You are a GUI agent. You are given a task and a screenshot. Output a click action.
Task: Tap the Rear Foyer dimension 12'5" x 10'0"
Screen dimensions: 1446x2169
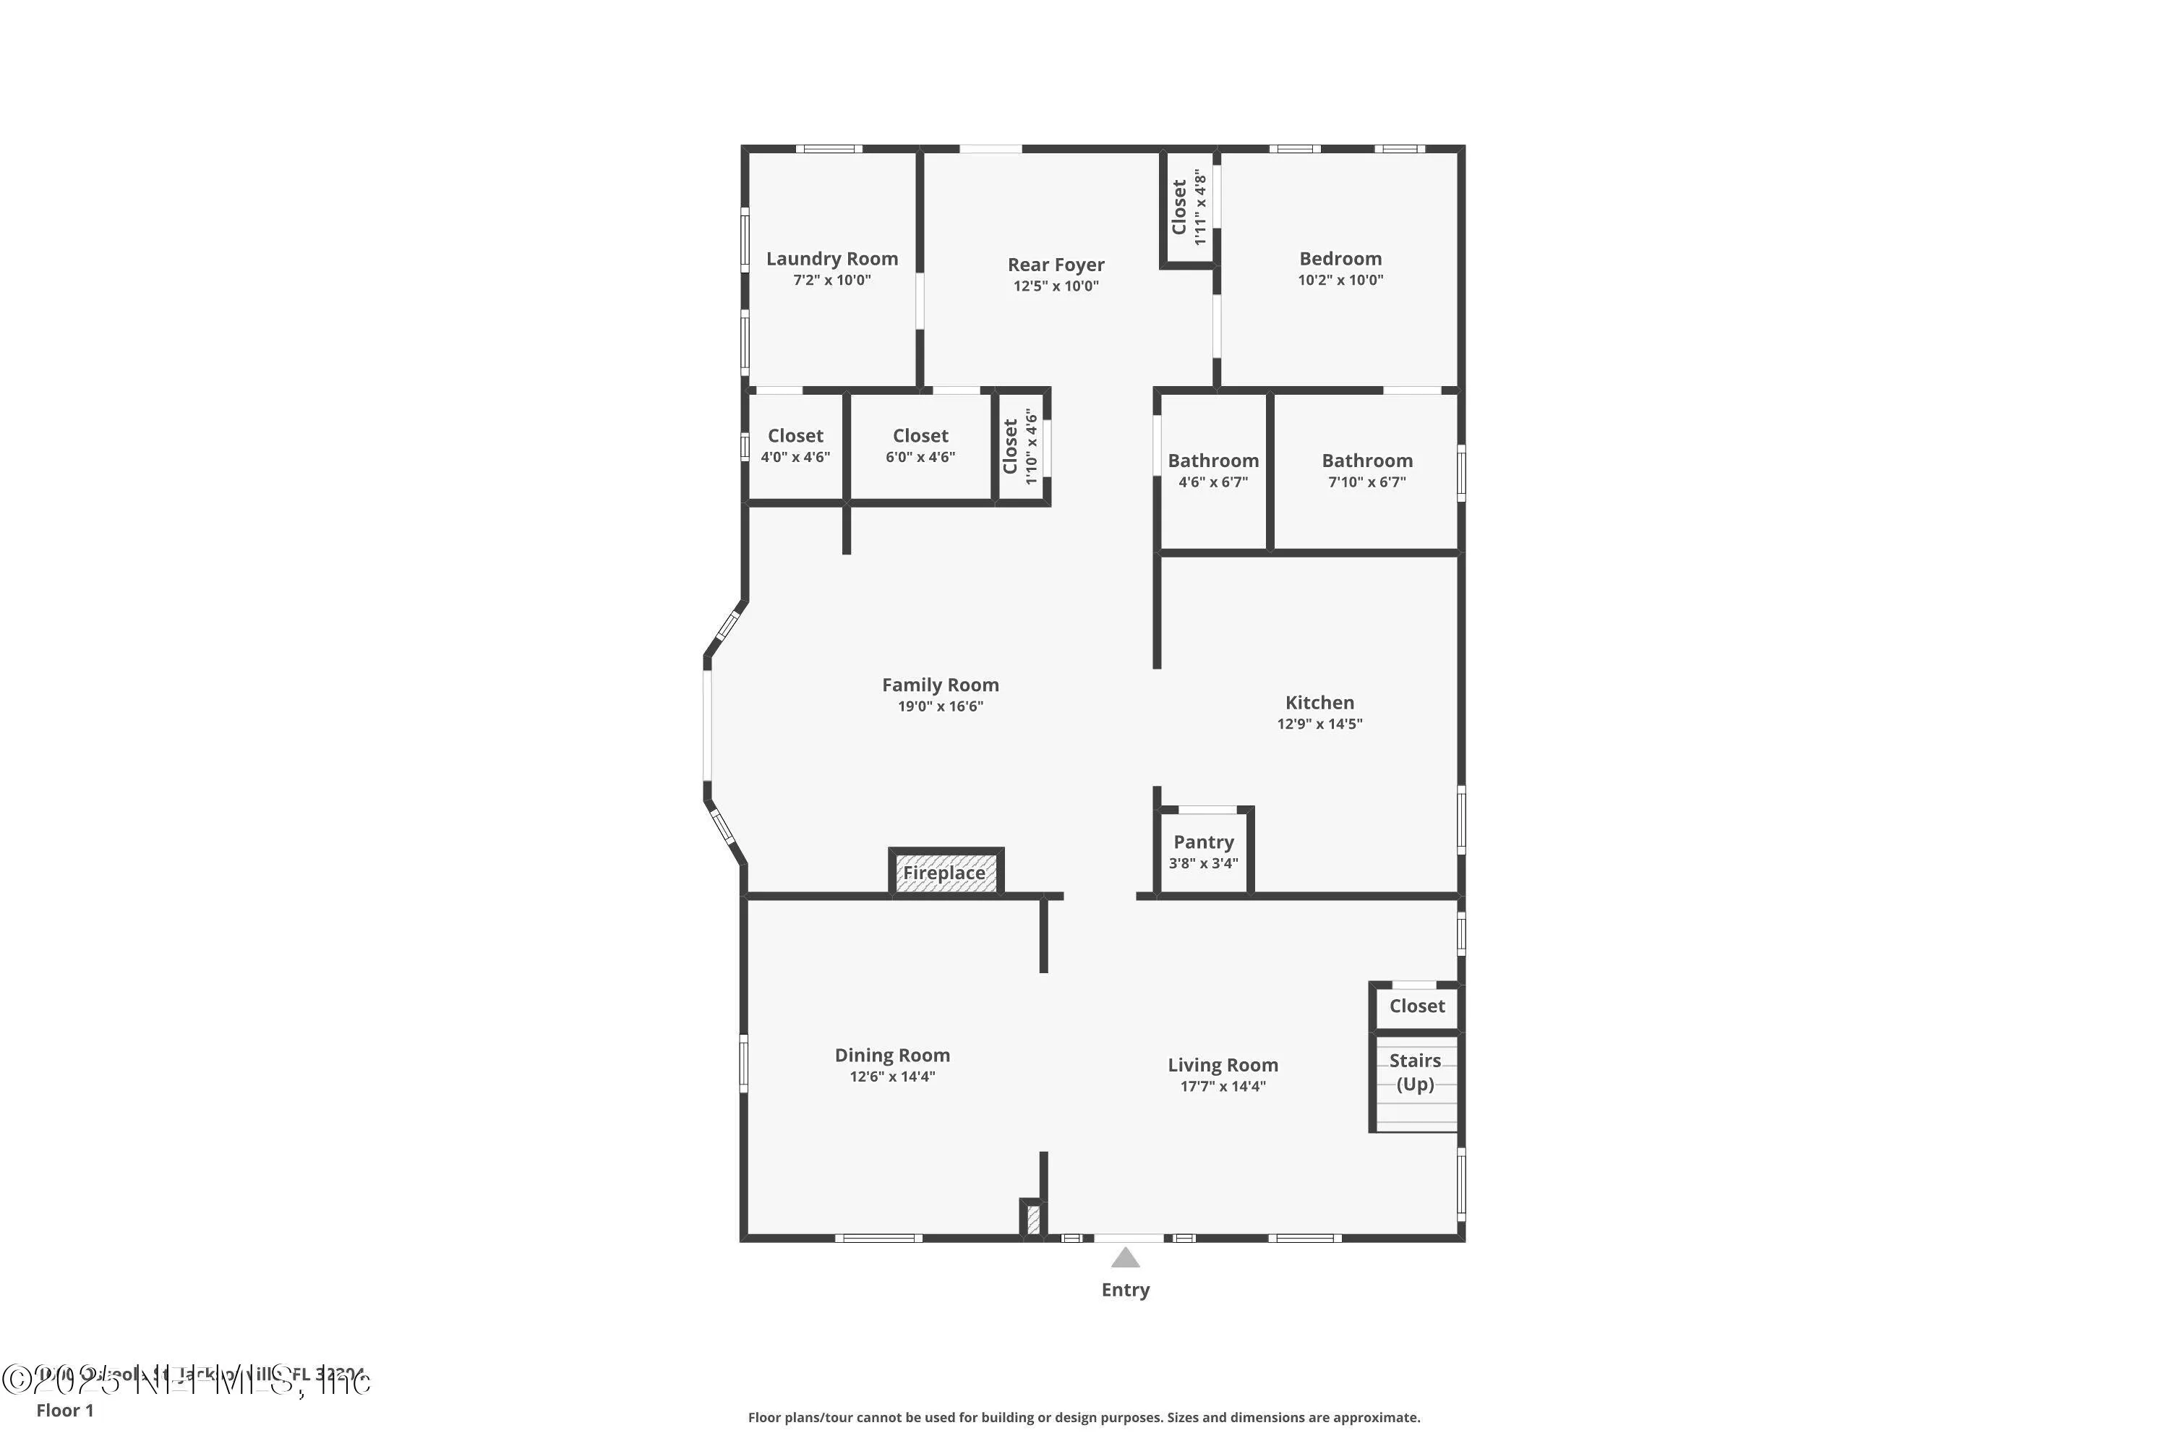(x=1055, y=286)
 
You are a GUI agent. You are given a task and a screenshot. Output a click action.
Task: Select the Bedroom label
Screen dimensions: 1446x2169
(x=1339, y=259)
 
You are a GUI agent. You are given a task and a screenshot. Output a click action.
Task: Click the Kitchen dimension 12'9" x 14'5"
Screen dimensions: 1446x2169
(x=1319, y=724)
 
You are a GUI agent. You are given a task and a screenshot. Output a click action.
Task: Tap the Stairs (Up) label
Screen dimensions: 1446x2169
(x=1415, y=1071)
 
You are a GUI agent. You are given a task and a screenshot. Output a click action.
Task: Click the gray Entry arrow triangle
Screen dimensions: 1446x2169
(x=1124, y=1258)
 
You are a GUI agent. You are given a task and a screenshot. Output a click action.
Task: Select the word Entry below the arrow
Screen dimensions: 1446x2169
(x=1124, y=1290)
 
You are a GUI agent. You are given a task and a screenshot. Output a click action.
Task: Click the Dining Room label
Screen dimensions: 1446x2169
(x=891, y=1055)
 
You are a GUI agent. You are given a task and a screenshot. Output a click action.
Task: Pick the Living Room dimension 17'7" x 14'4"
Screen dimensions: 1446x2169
(x=1222, y=1087)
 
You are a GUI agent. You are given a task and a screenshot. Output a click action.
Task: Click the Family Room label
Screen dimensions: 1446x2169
(x=940, y=685)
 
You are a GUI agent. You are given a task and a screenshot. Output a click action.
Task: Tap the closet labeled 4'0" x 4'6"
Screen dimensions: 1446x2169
(x=795, y=445)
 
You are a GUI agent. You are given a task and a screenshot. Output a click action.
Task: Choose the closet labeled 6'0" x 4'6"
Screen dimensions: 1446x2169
(x=920, y=445)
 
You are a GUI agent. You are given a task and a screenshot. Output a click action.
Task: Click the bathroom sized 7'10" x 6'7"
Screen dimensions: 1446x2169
(x=1366, y=471)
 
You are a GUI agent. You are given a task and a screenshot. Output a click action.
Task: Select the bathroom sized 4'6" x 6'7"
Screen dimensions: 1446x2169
(x=1212, y=471)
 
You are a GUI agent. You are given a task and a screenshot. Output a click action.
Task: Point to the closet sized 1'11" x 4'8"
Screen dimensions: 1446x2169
(x=1188, y=207)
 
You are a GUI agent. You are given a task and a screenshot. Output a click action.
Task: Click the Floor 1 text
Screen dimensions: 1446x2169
(x=64, y=1410)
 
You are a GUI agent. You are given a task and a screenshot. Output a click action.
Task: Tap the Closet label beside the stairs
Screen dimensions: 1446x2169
(x=1416, y=1006)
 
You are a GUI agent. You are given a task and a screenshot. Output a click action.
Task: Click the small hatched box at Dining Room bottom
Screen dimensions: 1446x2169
(x=1033, y=1219)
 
